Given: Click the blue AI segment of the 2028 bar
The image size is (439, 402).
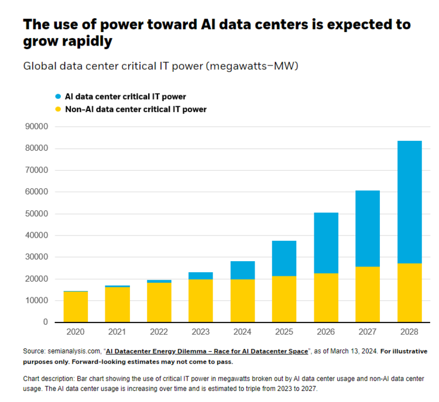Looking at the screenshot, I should pos(409,202).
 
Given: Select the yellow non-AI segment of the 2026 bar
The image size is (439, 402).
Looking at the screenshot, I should pos(326,297).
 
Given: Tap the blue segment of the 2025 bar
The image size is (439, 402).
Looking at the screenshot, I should pos(284,258).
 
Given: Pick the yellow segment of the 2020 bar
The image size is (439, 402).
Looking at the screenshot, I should pos(76,307).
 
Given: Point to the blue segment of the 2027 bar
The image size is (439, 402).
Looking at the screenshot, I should pos(368,228).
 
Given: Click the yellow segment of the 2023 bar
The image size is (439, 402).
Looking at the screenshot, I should pos(201,300).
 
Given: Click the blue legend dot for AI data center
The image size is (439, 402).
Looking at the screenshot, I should pos(57,96).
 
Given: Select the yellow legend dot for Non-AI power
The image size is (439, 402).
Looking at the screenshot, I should pos(57,109).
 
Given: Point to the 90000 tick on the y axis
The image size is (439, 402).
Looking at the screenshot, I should pos(36,127).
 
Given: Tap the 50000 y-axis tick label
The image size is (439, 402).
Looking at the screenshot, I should pos(36,214).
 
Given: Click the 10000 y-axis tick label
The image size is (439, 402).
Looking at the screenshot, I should pos(36,301).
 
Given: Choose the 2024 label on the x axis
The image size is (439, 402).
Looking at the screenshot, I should pos(242,332).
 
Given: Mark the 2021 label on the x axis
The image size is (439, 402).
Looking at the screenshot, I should pos(117,332).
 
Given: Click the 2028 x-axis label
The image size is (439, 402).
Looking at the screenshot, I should pos(409,332).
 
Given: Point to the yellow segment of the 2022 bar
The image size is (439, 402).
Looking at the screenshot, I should pos(159,302).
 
